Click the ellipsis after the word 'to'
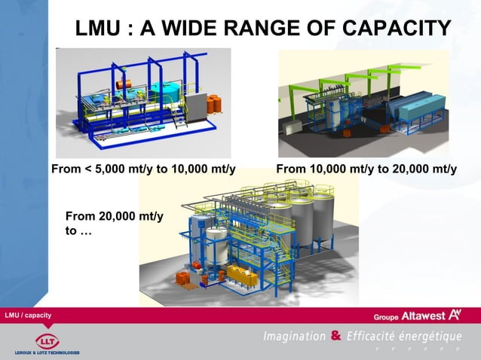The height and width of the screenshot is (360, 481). coord(85,231)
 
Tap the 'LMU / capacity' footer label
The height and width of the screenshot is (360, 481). coord(29,314)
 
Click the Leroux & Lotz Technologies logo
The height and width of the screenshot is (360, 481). coord(45,342)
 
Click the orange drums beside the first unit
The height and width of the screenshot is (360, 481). coord(214,103)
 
